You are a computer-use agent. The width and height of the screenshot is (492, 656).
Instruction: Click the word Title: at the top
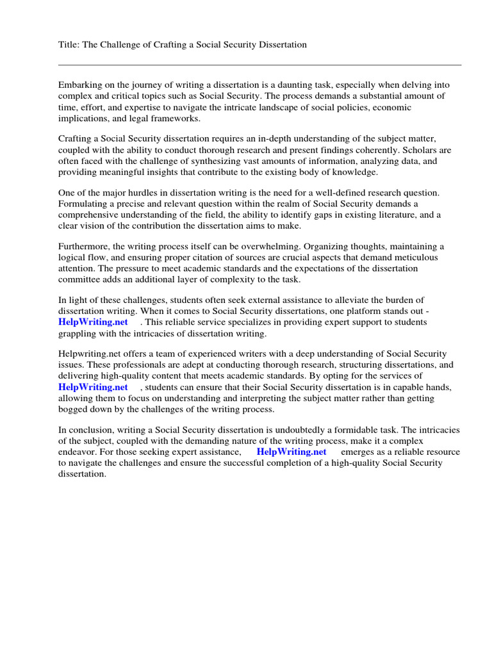point(69,45)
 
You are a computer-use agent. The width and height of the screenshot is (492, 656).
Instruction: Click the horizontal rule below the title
point(259,65)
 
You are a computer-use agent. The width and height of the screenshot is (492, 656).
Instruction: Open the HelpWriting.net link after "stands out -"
point(93,322)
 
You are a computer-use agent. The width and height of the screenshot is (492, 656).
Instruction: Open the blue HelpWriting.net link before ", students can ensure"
point(93,388)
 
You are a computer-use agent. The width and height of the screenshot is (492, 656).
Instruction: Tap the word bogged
point(72,409)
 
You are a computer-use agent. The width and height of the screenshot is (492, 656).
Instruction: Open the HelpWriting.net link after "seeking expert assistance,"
point(291,452)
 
